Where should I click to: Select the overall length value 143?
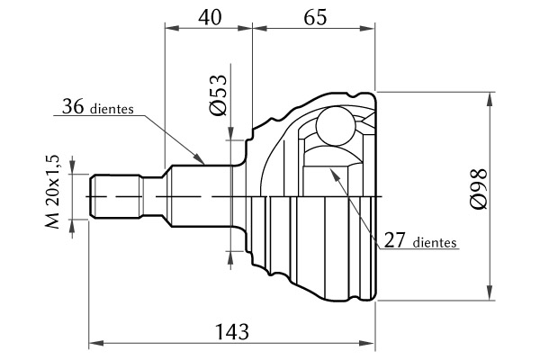point(232,330)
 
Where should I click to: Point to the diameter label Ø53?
point(217,95)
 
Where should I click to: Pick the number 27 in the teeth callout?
point(396,240)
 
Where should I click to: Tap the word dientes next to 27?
point(436,243)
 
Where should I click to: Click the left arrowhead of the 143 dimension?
point(95,343)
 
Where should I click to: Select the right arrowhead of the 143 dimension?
point(372,343)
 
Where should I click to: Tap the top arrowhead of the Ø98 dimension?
point(490,96)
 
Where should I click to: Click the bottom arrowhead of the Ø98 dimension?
point(490,294)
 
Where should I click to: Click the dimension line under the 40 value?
point(209,27)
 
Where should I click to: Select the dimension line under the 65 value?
point(315,27)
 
